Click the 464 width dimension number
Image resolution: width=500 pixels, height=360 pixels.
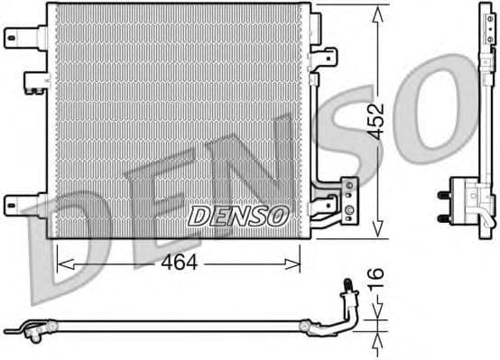[x=179, y=263]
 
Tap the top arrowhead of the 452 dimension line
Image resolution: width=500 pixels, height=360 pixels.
[x=376, y=11]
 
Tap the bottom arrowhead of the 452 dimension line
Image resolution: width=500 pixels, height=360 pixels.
[x=376, y=230]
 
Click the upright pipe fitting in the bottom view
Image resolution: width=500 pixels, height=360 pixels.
[x=346, y=297]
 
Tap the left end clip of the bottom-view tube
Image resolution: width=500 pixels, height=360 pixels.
[x=36, y=333]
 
